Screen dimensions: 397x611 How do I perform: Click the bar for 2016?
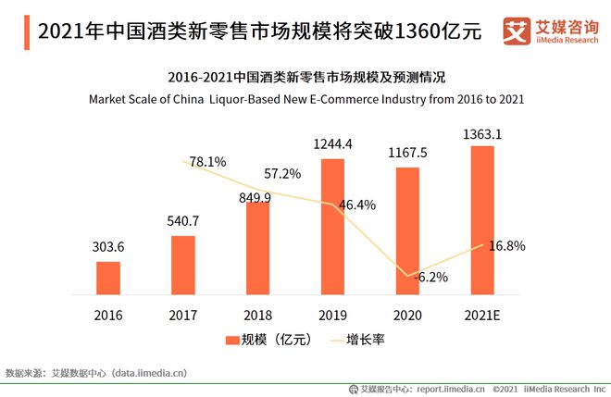(108, 276)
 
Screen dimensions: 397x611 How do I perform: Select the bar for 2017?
(183, 263)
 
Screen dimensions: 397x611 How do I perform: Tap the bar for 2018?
(257, 245)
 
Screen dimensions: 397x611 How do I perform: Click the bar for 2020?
(406, 229)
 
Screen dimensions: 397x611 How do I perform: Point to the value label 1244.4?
(333, 144)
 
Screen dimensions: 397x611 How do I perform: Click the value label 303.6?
(108, 247)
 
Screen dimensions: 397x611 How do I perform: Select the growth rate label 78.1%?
(208, 162)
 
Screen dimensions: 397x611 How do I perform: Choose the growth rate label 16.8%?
(507, 246)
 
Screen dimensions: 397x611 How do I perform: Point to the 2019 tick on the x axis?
(332, 315)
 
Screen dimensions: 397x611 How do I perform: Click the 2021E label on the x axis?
(481, 315)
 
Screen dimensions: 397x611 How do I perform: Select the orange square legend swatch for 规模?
(232, 340)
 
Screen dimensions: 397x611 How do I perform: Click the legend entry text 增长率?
(366, 340)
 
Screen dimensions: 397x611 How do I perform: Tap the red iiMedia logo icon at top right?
(516, 31)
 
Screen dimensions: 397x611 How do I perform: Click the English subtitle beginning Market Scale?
(306, 98)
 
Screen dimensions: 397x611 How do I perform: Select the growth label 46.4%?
(357, 205)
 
